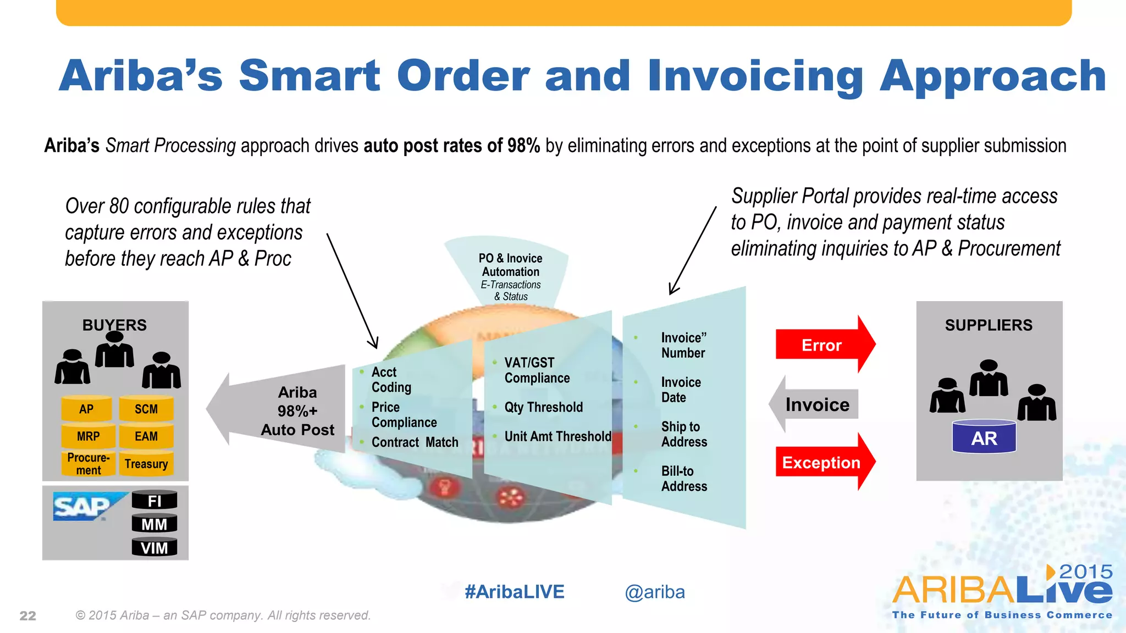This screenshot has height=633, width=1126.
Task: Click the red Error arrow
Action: (822, 345)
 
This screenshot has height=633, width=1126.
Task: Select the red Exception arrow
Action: (822, 462)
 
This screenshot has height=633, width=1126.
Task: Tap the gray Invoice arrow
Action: (816, 405)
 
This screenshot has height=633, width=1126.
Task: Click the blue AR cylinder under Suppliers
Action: (984, 438)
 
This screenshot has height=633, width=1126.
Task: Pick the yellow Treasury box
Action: (146, 464)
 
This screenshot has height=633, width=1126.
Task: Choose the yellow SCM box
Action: (146, 409)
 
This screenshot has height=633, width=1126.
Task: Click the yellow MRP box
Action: (88, 436)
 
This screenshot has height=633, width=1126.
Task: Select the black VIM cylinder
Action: (154, 548)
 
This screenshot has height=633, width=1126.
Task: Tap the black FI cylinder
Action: (154, 501)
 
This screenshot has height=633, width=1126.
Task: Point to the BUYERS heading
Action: (114, 325)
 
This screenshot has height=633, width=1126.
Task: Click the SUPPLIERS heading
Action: (989, 325)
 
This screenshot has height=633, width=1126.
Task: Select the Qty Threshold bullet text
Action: (543, 407)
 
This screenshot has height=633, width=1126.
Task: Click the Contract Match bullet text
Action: (415, 442)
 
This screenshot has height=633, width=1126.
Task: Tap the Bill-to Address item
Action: (683, 479)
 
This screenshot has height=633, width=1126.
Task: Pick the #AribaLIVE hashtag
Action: (514, 592)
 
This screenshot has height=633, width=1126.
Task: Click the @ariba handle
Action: (654, 592)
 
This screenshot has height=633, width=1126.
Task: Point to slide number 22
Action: (28, 616)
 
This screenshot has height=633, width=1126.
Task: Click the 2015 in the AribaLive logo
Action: (1085, 571)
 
